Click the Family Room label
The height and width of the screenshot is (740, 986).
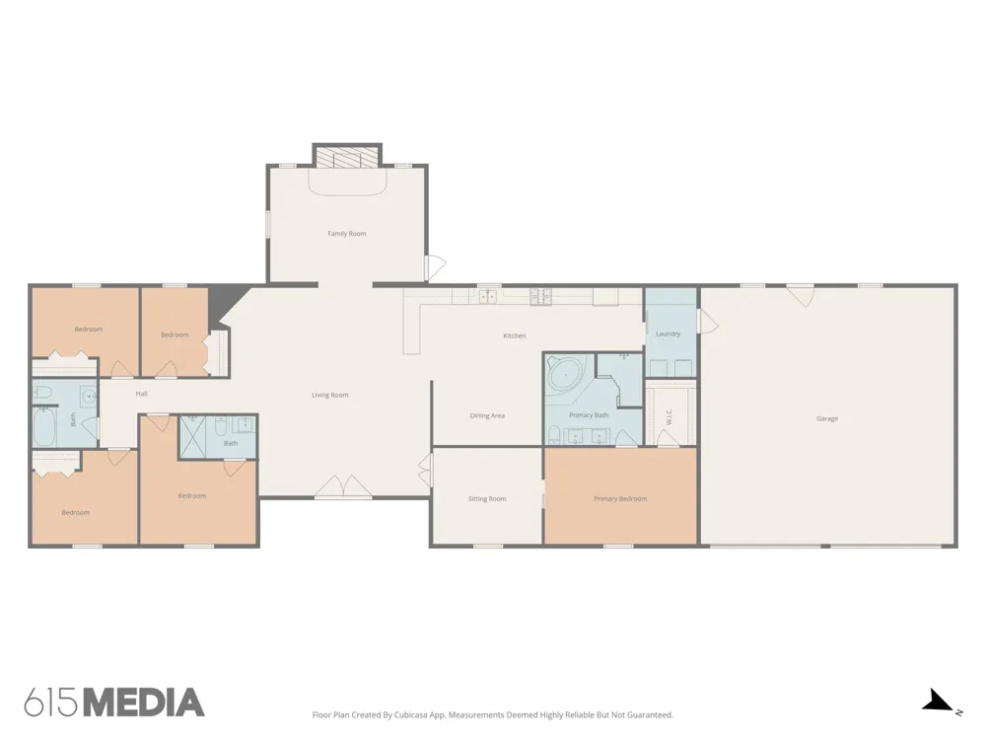346,234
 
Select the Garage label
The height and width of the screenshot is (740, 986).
827,418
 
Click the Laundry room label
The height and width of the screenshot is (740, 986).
668,334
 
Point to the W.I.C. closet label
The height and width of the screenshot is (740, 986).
669,416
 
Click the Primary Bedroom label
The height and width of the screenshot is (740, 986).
620,499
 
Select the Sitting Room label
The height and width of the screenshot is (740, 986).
487,499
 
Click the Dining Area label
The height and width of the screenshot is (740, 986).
487,416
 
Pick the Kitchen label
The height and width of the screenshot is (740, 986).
515,336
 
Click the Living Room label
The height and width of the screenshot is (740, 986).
330,396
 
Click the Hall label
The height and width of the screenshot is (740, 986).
141,394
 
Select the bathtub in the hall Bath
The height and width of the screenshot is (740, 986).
44,426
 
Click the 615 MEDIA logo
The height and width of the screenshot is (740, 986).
114,703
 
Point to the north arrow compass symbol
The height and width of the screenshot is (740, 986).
940,702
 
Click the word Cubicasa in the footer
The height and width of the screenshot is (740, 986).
411,714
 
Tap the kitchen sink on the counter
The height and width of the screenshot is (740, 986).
488,296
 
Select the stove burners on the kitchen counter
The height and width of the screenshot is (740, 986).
540,296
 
